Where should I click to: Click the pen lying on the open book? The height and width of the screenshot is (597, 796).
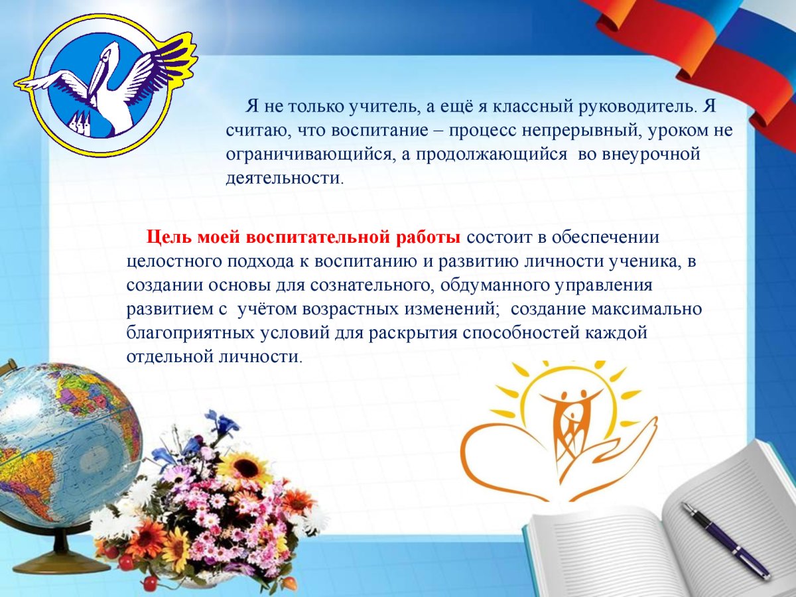coord(724,539)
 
